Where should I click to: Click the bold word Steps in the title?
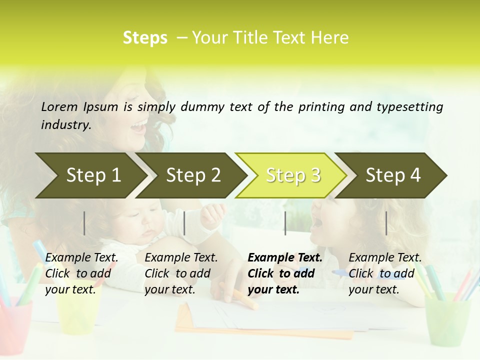click(x=145, y=38)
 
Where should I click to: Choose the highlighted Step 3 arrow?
click(x=293, y=175)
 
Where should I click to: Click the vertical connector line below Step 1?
click(x=84, y=223)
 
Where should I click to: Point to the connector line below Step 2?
click(x=184, y=223)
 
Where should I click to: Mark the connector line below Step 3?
click(x=285, y=223)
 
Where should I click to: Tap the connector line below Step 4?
click(x=386, y=223)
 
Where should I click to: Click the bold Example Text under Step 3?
click(x=285, y=258)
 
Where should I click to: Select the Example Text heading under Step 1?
click(x=81, y=258)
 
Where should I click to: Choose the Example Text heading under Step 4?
click(x=385, y=258)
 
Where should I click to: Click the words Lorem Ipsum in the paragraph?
click(x=79, y=107)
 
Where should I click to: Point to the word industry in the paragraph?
click(x=65, y=124)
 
